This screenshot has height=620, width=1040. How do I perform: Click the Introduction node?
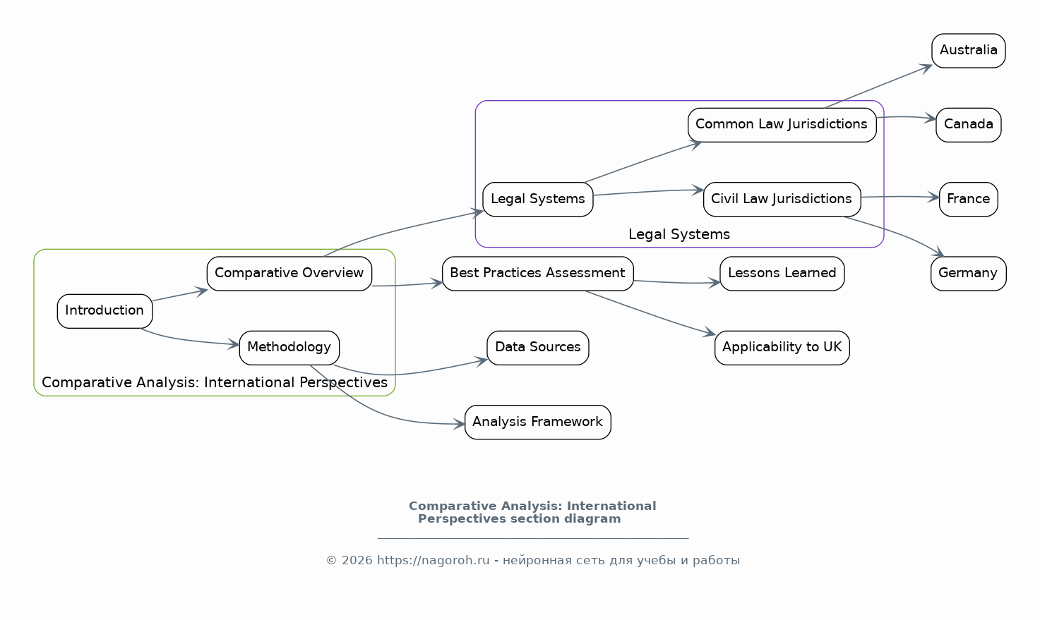pos(104,311)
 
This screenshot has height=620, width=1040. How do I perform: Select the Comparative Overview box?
pos(289,274)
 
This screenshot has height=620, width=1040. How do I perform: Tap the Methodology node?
pos(289,348)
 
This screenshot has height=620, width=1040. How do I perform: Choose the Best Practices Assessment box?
pos(537,274)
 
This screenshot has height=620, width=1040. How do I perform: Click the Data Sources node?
pos(537,348)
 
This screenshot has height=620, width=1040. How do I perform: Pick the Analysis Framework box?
pos(537,422)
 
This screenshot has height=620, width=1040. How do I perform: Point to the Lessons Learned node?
pos(782,274)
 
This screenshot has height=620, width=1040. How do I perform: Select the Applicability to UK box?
pos(782,348)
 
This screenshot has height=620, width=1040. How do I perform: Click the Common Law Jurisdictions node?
pos(782,125)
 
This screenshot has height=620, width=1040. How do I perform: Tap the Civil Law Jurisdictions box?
pos(782,199)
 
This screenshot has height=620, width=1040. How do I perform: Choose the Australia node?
pos(968,51)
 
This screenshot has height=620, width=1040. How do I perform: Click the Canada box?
pos(968,125)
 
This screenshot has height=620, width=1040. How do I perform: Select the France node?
pos(968,199)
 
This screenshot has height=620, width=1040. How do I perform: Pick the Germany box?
pos(968,274)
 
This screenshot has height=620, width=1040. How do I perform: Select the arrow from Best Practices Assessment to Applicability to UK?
pos(650,312)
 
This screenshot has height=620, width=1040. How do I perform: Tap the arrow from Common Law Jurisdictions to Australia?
pos(879,87)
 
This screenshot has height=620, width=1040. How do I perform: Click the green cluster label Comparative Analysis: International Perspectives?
pos(215,383)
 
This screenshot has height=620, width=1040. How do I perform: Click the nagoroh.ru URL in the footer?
pos(433,561)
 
